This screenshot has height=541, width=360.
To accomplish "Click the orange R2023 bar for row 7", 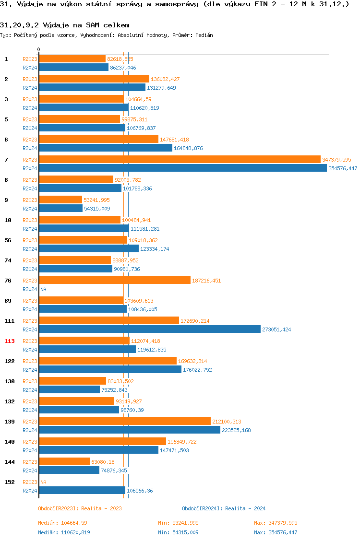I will tap(180, 159).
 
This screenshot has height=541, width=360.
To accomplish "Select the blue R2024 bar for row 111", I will tap(150, 329).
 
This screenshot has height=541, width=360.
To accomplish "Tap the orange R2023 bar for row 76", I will tap(115, 280).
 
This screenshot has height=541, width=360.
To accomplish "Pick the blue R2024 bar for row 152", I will tap(82, 490).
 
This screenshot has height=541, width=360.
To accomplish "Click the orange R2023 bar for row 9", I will tap(60, 200).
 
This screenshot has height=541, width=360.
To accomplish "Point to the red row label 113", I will tap(10, 341).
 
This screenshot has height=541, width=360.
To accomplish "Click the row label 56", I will tap(8, 240).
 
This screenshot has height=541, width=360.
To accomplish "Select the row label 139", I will tap(10, 422).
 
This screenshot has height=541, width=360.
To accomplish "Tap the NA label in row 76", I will tap(43, 289).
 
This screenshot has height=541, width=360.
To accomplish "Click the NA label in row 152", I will tap(43, 482).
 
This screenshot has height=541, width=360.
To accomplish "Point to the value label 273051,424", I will tap(276, 329).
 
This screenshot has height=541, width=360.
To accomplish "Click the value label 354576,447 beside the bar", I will tap(343, 168).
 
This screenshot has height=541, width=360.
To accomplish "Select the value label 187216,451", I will tap(206, 281).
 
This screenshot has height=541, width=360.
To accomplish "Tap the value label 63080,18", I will tap(103, 462).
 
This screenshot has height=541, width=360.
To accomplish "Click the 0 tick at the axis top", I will tap(39, 50).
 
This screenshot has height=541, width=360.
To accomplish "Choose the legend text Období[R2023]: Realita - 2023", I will tap(80, 508).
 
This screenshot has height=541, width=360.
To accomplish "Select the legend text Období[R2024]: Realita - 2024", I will tap(224, 508).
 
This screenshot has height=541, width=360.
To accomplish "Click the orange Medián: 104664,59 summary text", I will tap(62, 523).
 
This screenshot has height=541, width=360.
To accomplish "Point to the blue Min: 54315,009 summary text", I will tap(178, 532).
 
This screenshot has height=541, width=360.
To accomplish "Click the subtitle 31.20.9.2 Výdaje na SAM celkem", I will tap(64, 24).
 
